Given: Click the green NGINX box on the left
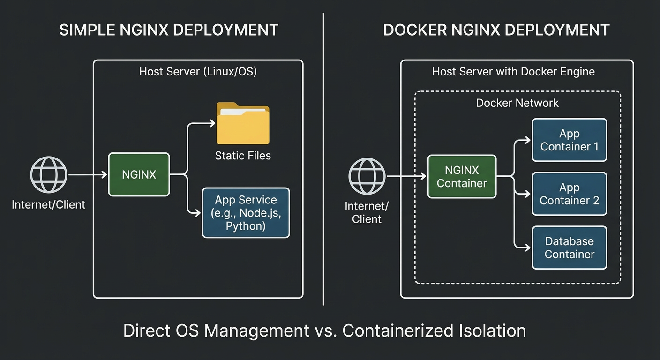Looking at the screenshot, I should pos(139,174).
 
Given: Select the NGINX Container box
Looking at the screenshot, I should pos(462,177).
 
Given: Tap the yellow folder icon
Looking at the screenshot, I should pos(242,124).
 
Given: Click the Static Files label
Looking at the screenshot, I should pos(243,156).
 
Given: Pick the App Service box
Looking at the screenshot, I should pos(246,213).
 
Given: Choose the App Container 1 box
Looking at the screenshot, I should pos(569,140).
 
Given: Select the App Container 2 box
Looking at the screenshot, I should pos(569,194).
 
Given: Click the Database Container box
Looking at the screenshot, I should pos(569,248).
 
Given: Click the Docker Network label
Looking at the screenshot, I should pos(517,103).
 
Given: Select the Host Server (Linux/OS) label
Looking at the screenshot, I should pos(198,72).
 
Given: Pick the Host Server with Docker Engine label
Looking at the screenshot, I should pos(513,72).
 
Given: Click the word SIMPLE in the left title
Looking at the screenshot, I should pos(88,30).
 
